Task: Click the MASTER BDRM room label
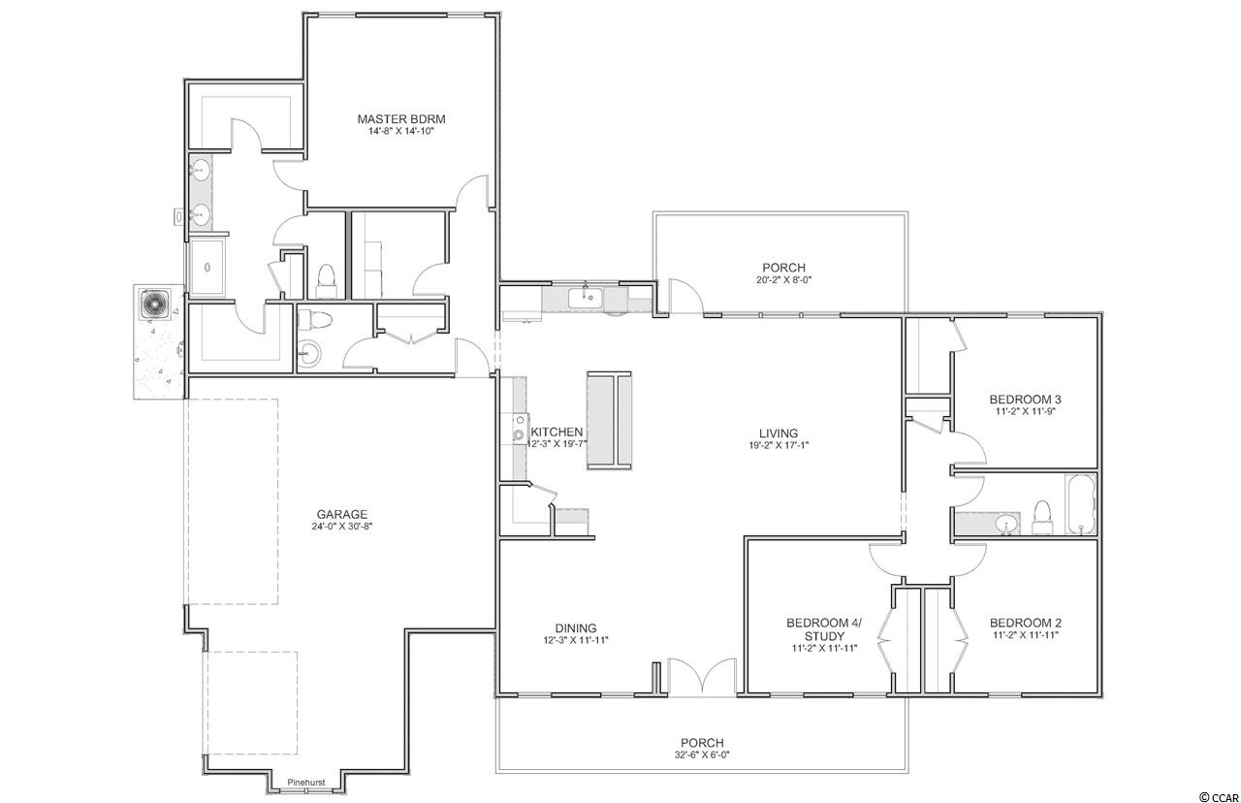coord(401,119)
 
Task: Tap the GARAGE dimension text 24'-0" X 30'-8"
coord(342,527)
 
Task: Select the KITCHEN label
coord(557,433)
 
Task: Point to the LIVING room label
coord(779,434)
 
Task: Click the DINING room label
coord(576,628)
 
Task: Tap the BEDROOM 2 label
coord(1026,623)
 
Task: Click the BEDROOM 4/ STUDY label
coord(824,629)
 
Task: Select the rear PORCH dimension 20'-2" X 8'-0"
coord(784,280)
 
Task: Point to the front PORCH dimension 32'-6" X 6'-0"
coord(702,755)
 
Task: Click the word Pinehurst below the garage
coord(305,783)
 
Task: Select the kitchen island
coord(609,421)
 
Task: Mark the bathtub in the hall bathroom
coord(1080,504)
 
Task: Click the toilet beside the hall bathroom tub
coord(1042,518)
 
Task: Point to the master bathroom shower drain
coord(207,268)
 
